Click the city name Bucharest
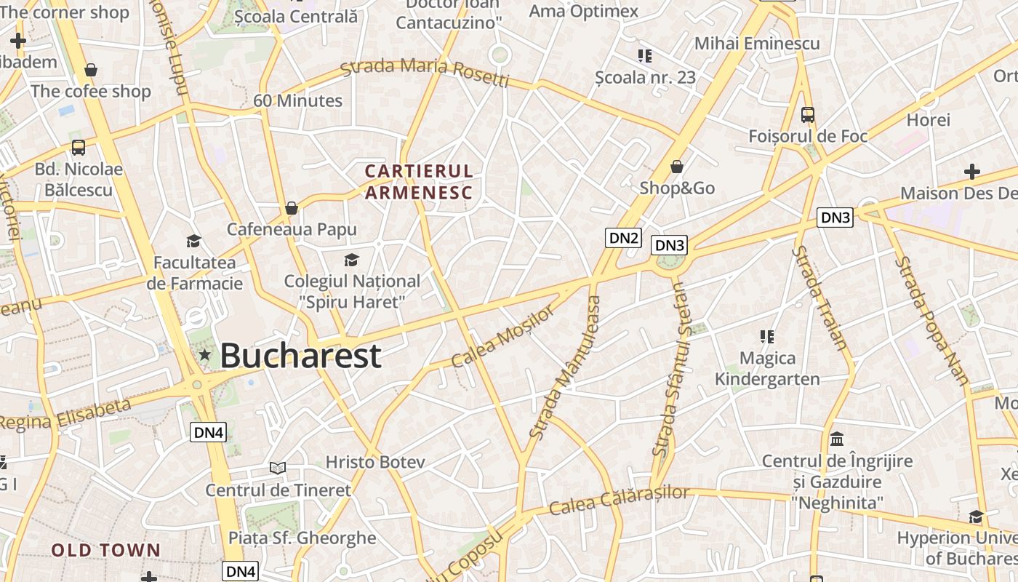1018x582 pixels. [x=300, y=356]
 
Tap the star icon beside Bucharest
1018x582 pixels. [x=205, y=355]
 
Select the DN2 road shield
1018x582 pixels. [x=623, y=238]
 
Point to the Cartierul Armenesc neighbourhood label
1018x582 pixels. [x=419, y=182]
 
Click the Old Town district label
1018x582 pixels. [x=105, y=551]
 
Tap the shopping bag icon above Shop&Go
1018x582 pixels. [x=677, y=167]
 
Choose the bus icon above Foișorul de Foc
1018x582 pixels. [x=807, y=114]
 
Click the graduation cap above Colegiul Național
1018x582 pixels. [x=352, y=260]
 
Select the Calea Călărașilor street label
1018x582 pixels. [x=619, y=501]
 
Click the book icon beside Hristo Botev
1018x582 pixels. [x=277, y=467]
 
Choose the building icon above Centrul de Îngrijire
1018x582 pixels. [x=837, y=439]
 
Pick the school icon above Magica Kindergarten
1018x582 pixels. [x=766, y=336]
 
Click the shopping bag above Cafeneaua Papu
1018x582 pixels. [x=292, y=208]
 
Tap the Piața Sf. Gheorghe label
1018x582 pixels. [x=302, y=538]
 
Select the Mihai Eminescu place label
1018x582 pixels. [x=757, y=44]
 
